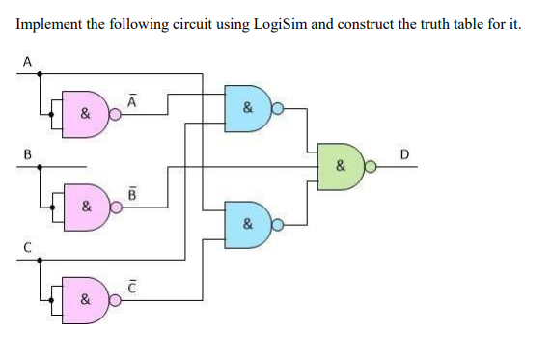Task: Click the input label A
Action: tap(27, 61)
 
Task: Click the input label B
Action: tap(27, 152)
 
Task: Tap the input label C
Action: tap(27, 246)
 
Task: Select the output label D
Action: tap(403, 152)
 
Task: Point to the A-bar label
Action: tap(132, 97)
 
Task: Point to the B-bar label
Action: tap(132, 190)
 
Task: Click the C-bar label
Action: tap(132, 285)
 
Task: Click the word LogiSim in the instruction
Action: tap(278, 23)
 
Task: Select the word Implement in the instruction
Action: tap(49, 23)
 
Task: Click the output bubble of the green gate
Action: tap(372, 166)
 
